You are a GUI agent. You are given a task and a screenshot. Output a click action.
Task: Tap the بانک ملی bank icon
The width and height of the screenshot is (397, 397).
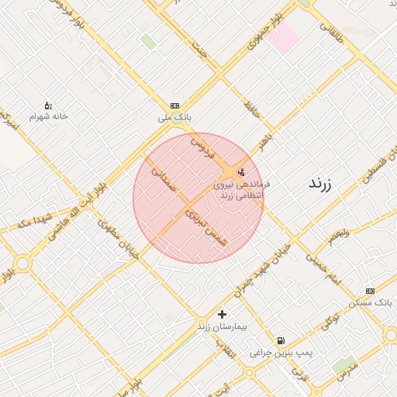[x=174, y=105]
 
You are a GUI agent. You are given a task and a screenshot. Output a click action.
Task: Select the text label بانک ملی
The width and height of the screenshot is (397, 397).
[x=174, y=117]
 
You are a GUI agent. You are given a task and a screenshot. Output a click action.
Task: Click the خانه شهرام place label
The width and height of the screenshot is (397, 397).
[x=49, y=116]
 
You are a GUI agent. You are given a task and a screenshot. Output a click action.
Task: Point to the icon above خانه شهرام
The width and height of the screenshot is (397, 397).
[x=47, y=105]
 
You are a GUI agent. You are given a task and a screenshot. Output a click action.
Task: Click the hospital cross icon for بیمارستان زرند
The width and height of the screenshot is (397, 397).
[x=223, y=314]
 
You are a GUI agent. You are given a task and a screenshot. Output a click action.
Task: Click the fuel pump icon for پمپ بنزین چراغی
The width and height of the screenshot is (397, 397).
[x=280, y=340]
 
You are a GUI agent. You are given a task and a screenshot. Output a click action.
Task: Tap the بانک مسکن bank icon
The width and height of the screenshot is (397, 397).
[x=370, y=291]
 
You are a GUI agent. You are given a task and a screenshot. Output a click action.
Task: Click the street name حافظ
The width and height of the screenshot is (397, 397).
[x=251, y=109]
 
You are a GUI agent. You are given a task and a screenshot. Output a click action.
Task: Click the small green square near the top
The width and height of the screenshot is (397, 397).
[x=147, y=40]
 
